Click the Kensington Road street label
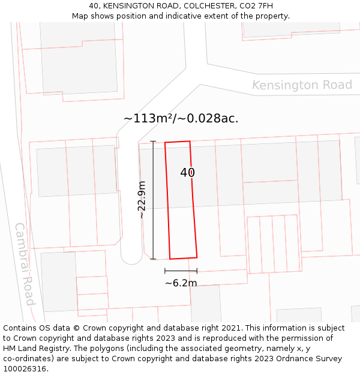tap(302, 85)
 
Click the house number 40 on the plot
tap(187, 173)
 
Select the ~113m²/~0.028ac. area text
tap(181, 118)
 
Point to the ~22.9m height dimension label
tap(142, 200)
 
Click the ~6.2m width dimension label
tap(181, 283)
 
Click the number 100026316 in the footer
tap(25, 369)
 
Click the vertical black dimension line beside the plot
tap(153, 200)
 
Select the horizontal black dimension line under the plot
tap(181, 271)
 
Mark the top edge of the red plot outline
tap(178, 142)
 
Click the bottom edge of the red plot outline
tap(183, 258)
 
